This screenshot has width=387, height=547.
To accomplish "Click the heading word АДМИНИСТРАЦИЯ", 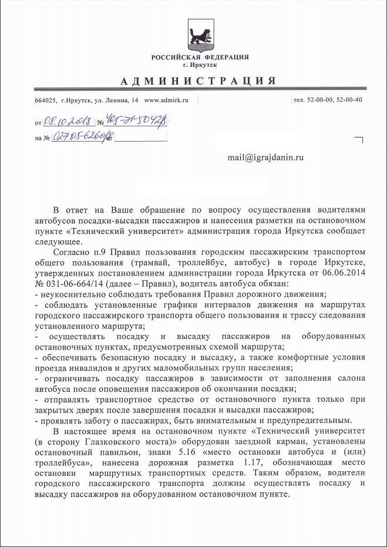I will coord(199,80).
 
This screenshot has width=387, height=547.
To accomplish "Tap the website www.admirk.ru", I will coord(166,100).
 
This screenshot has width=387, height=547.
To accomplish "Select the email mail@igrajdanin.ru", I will coord(266,157).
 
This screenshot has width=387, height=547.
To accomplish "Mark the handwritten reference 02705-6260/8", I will coord(83,137).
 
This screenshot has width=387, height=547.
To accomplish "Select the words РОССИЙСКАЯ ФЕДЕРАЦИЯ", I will coord(200,57).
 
